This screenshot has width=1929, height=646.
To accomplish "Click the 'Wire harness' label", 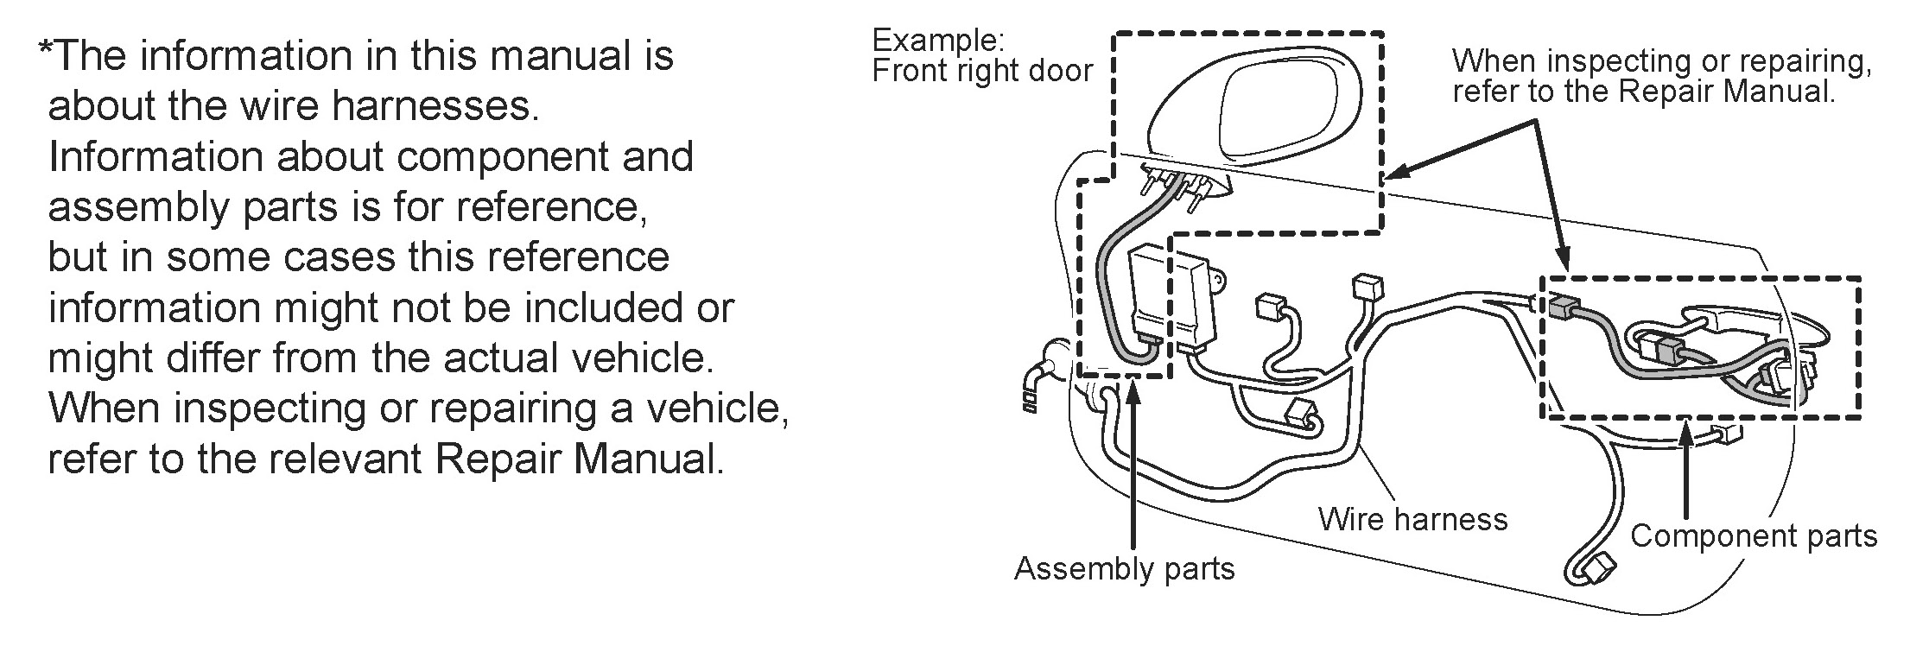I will pos(1412,519).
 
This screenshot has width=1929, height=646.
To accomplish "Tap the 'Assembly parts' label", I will pos(1124,569).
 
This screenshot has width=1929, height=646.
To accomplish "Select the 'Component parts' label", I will pos(1753,536).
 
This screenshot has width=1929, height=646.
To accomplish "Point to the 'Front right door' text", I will pos(982,71).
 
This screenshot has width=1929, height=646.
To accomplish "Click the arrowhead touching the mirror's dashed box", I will pos(1394,174).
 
